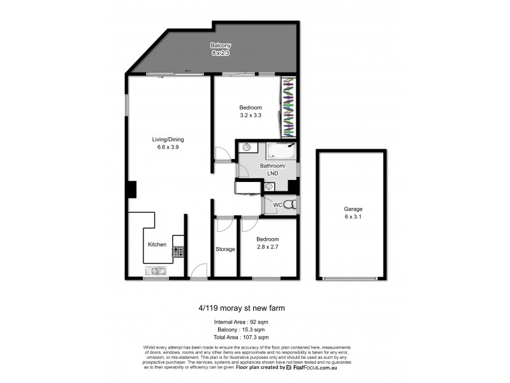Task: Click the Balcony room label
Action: (x=221, y=45)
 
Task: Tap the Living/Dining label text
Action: (x=165, y=139)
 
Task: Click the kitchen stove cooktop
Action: (x=178, y=252)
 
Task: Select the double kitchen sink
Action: (x=156, y=273)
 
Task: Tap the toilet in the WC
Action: (x=290, y=205)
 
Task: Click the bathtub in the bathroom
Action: (x=279, y=152)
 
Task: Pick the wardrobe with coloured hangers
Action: (x=289, y=107)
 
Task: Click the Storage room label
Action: (x=225, y=249)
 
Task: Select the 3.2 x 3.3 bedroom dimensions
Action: (x=251, y=116)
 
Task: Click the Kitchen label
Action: (x=157, y=244)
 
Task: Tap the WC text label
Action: (x=277, y=205)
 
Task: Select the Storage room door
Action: (x=224, y=225)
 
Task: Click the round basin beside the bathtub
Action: (x=246, y=147)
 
